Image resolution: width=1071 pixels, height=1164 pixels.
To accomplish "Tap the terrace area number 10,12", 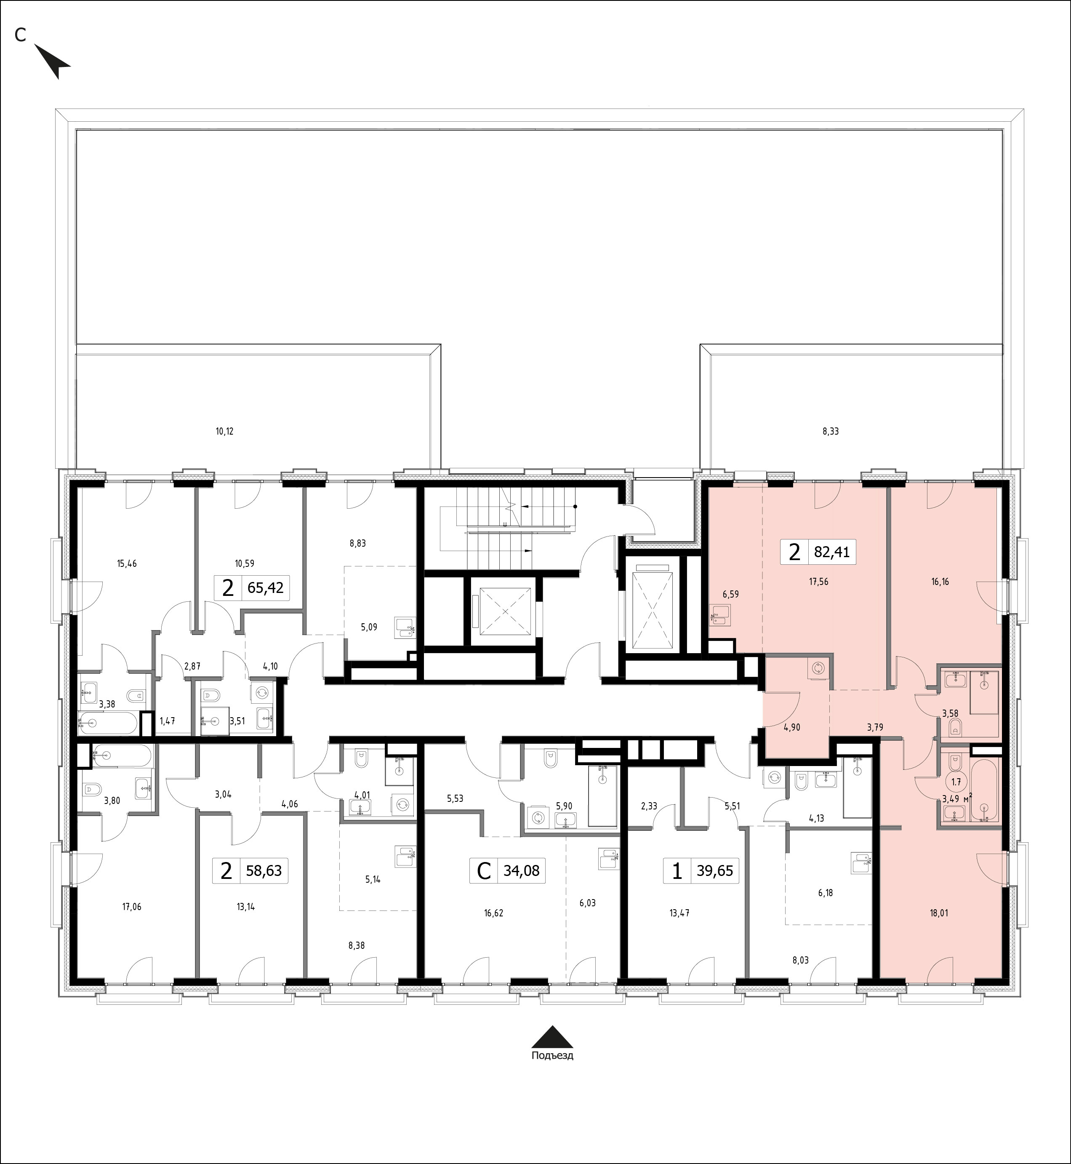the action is pyautogui.click(x=224, y=431).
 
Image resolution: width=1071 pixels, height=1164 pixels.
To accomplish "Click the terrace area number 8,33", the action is pyautogui.click(x=831, y=431).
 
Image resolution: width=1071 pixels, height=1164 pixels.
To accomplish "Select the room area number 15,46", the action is pyautogui.click(x=127, y=563).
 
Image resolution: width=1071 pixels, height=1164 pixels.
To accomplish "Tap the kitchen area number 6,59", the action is pyautogui.click(x=730, y=594).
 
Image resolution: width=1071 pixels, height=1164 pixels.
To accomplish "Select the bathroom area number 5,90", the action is pyautogui.click(x=564, y=806).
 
